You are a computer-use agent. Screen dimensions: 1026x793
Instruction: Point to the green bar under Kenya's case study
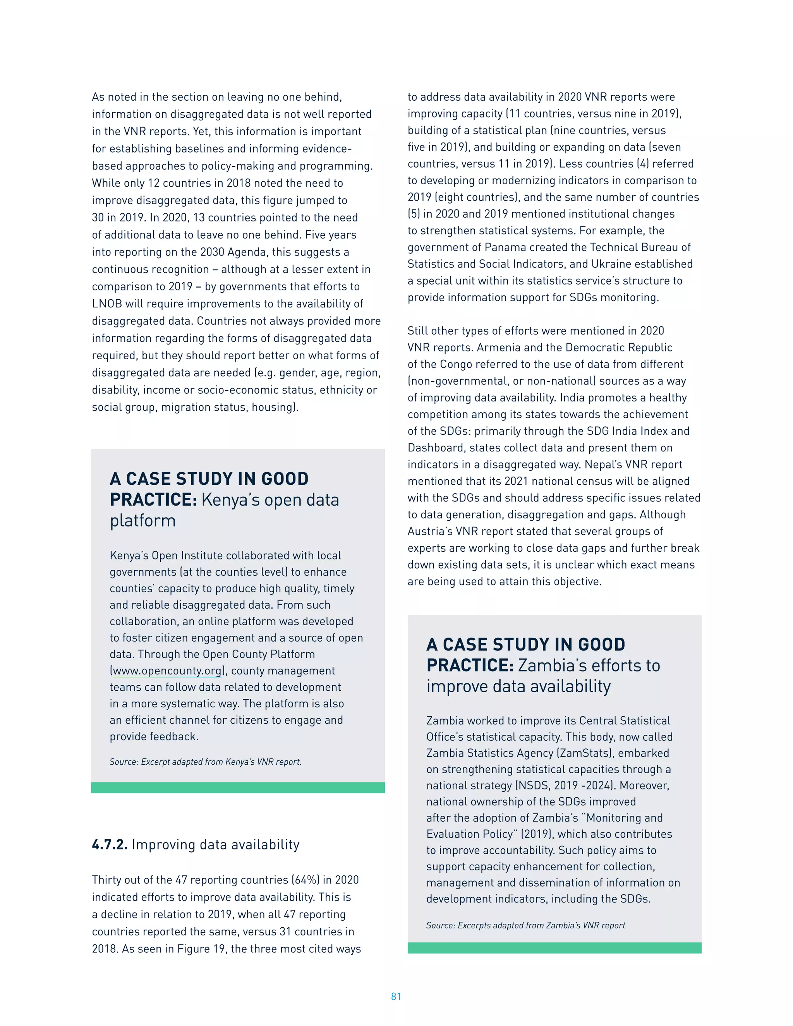pyautogui.click(x=238, y=788)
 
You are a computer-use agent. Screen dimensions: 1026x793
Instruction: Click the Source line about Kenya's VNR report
pyautogui.click(x=205, y=762)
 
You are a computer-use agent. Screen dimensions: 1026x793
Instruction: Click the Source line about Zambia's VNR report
pyautogui.click(x=525, y=925)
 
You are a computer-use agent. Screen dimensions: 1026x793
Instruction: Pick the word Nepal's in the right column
pyautogui.click(x=602, y=465)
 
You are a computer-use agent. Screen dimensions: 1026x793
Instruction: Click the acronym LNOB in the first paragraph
pyautogui.click(x=107, y=304)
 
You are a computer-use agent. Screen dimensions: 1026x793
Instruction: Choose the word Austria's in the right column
pyautogui.click(x=429, y=531)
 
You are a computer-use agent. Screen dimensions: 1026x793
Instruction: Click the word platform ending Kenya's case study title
pyautogui.click(x=142, y=520)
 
